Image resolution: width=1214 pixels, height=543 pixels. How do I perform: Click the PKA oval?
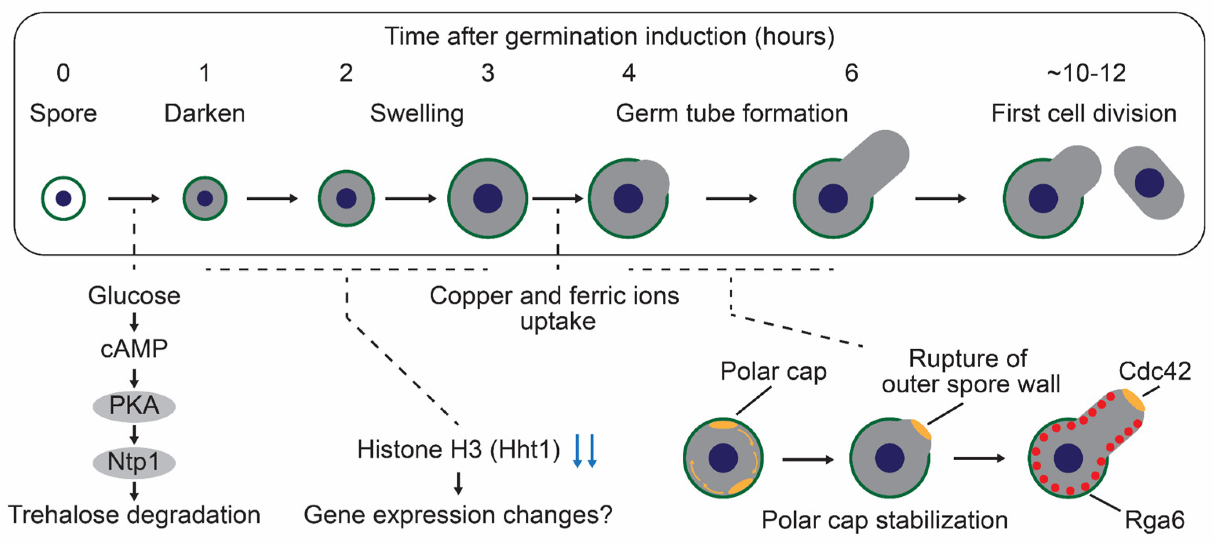pyautogui.click(x=134, y=406)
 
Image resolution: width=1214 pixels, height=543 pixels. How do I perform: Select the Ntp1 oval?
pyautogui.click(x=134, y=462)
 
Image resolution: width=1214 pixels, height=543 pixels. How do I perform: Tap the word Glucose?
pyautogui.click(x=134, y=296)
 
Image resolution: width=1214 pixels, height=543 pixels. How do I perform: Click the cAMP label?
pyautogui.click(x=134, y=349)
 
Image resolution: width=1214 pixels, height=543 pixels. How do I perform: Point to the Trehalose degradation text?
pyautogui.click(x=134, y=515)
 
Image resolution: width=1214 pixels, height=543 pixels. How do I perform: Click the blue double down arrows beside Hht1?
pyautogui.click(x=584, y=451)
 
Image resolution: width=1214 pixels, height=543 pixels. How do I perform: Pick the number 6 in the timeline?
pyautogui.click(x=851, y=73)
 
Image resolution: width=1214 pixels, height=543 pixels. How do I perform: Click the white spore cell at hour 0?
pyautogui.click(x=63, y=199)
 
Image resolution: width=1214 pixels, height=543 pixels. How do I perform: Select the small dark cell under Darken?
pyautogui.click(x=204, y=199)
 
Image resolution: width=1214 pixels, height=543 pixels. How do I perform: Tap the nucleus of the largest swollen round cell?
pyautogui.click(x=487, y=199)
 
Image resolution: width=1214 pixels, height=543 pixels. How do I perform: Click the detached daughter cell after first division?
pyautogui.click(x=1149, y=183)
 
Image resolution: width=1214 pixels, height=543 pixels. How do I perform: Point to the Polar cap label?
pyautogui.click(x=773, y=372)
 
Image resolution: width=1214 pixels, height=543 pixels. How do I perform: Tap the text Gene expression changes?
pyautogui.click(x=458, y=515)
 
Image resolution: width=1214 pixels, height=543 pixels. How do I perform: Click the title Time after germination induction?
pyautogui.click(x=609, y=36)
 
